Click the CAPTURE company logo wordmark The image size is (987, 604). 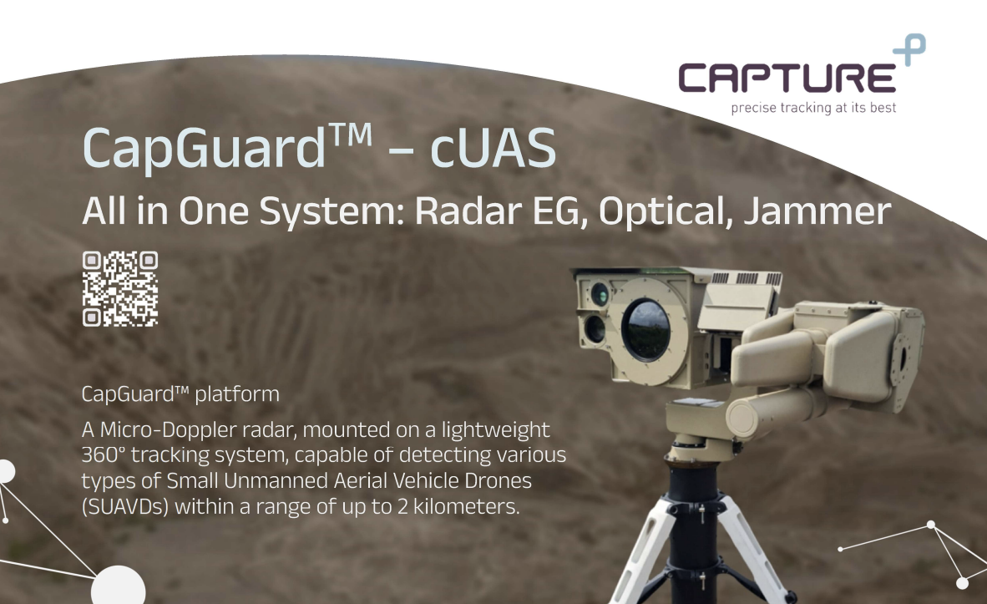click(x=787, y=78)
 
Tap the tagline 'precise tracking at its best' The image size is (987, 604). click(x=813, y=108)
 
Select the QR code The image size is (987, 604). click(x=120, y=289)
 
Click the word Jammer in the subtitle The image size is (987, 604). click(x=817, y=211)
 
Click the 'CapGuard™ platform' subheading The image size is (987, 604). click(x=180, y=394)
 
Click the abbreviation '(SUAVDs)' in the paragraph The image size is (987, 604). click(x=125, y=506)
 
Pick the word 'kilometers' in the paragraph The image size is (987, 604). click(x=464, y=505)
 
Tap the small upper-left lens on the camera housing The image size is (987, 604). click(x=600, y=293)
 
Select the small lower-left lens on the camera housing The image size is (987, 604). click(x=595, y=328)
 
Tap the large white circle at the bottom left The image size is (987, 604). click(x=119, y=586)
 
